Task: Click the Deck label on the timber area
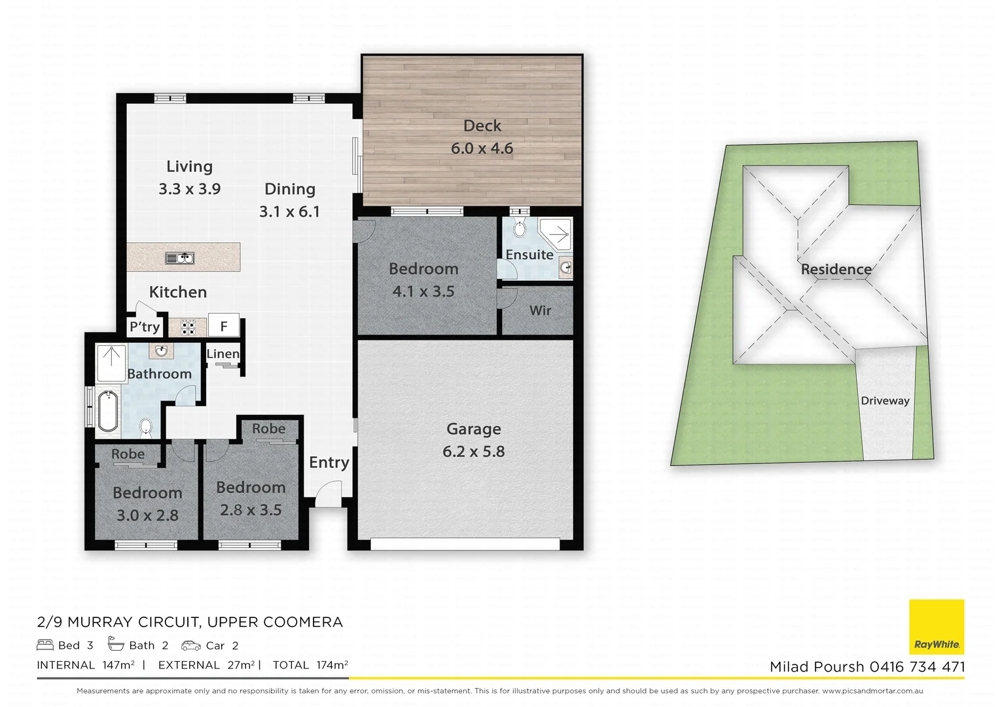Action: [482, 126]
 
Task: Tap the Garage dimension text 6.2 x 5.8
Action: [473, 452]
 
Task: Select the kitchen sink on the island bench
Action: [179, 258]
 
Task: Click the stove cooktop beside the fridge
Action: [188, 327]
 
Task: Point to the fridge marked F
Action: [223, 326]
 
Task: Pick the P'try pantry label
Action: [144, 327]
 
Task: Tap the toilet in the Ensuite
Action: [520, 229]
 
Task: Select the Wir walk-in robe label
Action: [540, 311]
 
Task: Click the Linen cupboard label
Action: [223, 354]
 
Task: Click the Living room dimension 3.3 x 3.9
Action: [189, 189]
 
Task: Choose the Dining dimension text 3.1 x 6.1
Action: [289, 211]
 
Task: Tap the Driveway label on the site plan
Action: [885, 401]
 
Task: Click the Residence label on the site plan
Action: [836, 269]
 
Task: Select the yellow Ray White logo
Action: [937, 626]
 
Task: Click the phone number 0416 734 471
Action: [917, 667]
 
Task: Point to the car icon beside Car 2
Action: [191, 645]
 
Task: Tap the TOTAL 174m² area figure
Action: [310, 665]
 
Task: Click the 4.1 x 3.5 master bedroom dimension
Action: [423, 291]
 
